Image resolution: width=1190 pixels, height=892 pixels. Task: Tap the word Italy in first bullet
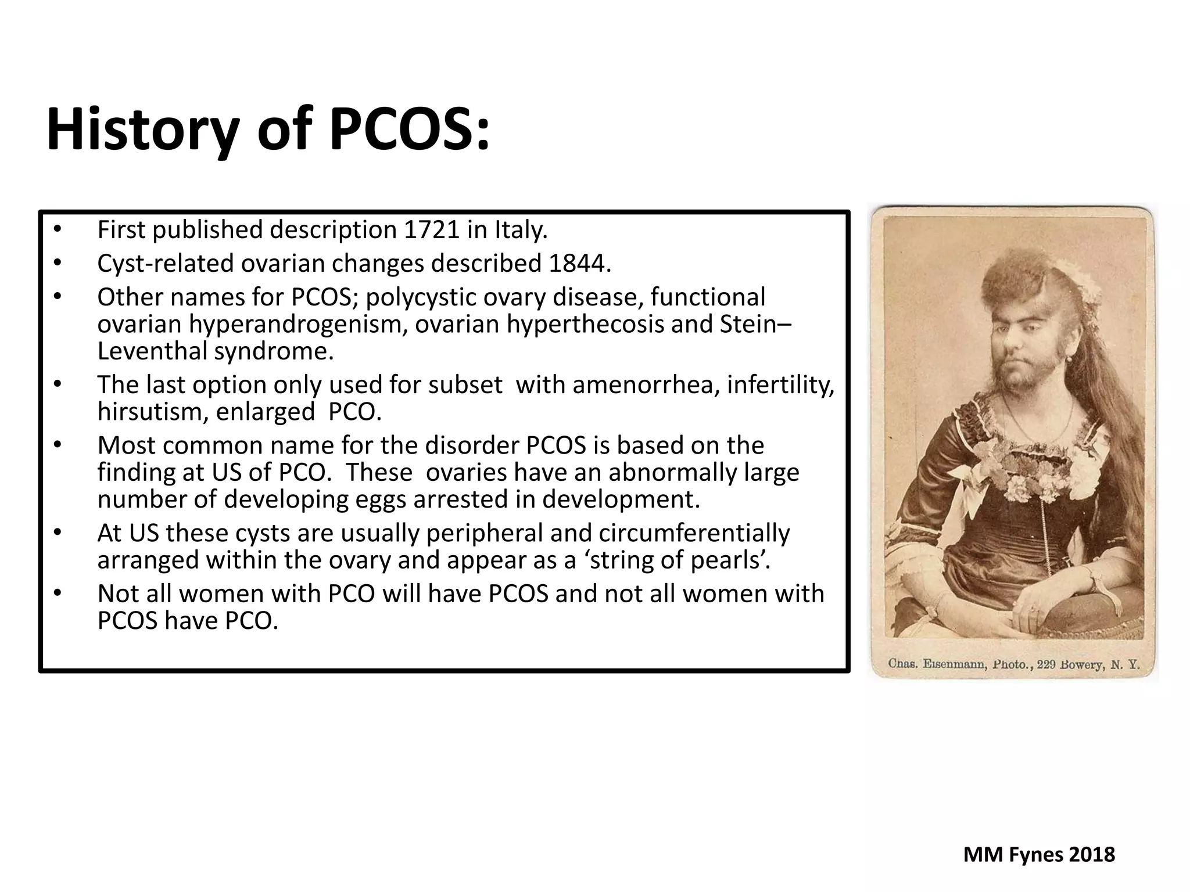521,230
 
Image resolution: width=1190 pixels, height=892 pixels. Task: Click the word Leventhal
152,351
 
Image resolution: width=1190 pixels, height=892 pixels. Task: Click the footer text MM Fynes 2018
1039,855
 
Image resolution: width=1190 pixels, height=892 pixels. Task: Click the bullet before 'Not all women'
57,593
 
